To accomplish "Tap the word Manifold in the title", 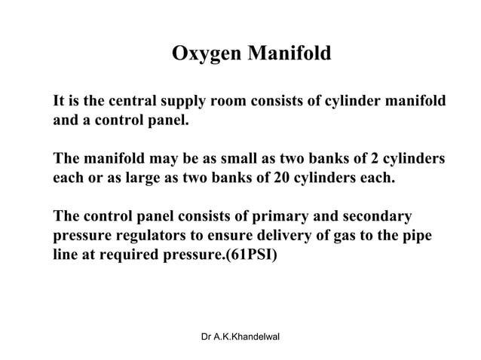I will click(x=284, y=55).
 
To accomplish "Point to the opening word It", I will click(x=59, y=101).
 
